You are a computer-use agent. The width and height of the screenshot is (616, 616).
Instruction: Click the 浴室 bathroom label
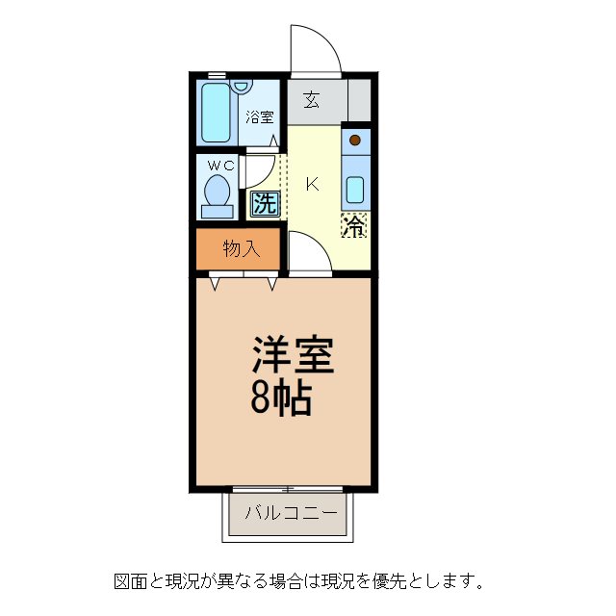pos(258,117)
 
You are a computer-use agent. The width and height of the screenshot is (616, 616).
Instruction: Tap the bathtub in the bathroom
pos(217,114)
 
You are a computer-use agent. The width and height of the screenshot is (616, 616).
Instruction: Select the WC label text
pos(218,165)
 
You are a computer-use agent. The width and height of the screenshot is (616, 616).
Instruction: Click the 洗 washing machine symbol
pos(264,203)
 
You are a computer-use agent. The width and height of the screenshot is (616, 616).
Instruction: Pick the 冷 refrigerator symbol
pos(354,227)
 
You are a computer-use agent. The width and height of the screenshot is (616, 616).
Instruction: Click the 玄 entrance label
pos(313,99)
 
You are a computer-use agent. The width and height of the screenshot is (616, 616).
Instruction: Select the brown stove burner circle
pos(355,141)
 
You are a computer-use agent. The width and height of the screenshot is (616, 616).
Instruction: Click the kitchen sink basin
pos(355,189)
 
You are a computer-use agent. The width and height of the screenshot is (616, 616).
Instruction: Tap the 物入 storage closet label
pos(241,249)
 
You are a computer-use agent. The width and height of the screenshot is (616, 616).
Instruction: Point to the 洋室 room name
pos(293,356)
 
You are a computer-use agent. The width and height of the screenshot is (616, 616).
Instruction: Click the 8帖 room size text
pos(281,398)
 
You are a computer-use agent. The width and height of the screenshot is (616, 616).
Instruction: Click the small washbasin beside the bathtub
pos(241,87)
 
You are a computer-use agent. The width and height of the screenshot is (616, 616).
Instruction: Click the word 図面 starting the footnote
pos(129,581)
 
